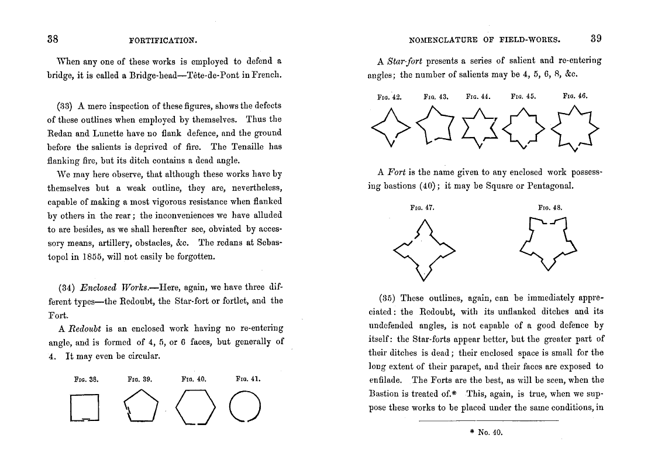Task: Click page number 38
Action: (x=53, y=39)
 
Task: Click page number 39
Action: (x=596, y=39)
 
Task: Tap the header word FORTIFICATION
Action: (x=163, y=40)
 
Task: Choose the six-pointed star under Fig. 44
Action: (x=479, y=129)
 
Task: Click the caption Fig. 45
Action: (x=523, y=96)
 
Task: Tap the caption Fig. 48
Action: (x=550, y=207)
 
